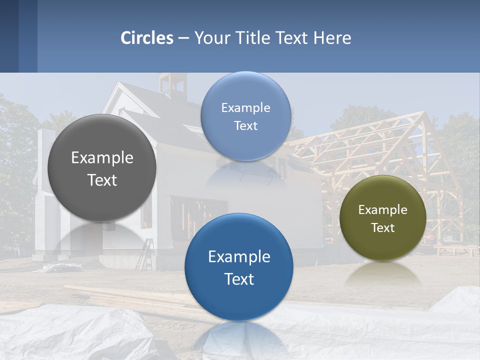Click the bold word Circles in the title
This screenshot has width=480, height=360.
pos(147,38)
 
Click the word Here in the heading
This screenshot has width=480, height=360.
pos(332,38)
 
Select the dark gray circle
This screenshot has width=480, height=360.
pos(102,168)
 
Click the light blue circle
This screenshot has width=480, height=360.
pos(245,116)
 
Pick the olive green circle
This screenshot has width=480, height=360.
pos(382,218)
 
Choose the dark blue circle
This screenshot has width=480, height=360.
pos(239,267)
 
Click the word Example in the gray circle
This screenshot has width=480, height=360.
pos(102,158)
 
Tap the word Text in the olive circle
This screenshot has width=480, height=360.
pos(382,228)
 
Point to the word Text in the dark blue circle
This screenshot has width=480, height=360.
pos(239,279)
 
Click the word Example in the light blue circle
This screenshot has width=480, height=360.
pos(245,107)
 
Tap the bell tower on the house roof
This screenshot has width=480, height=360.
pos(172,84)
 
